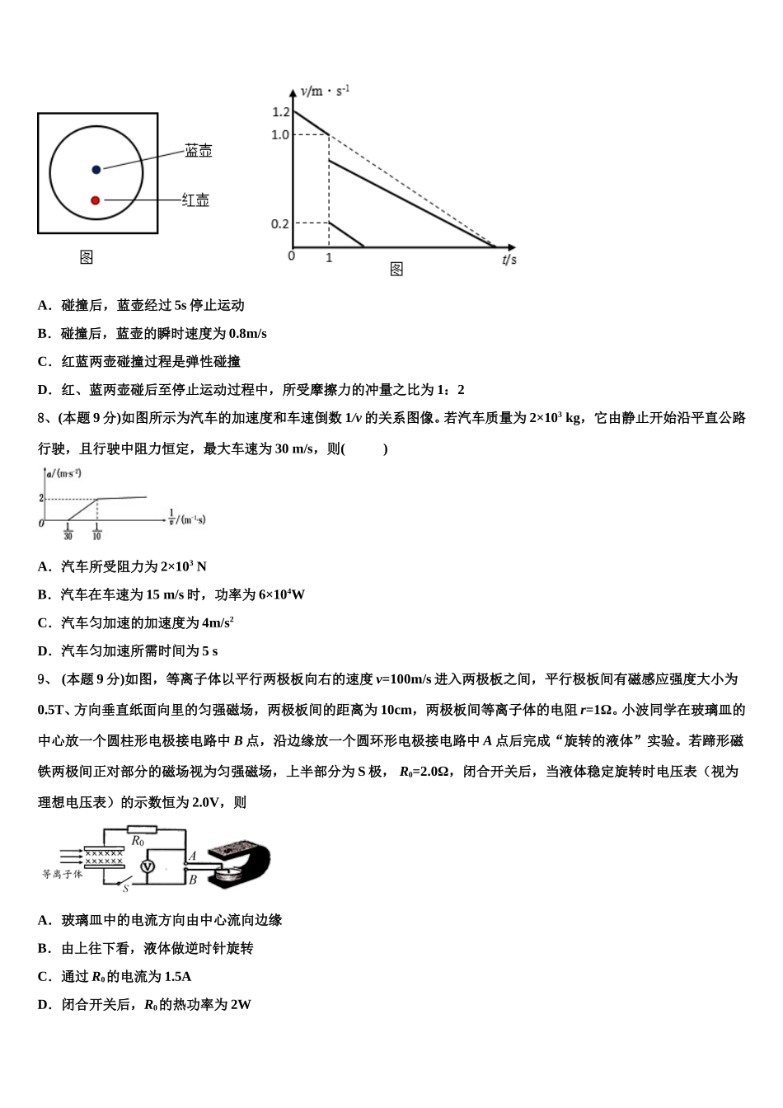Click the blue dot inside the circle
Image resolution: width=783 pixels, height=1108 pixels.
[96, 169]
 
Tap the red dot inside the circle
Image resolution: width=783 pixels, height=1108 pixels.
[96, 200]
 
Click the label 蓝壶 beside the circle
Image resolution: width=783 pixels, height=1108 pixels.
[198, 151]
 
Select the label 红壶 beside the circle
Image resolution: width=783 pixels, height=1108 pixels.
[195, 200]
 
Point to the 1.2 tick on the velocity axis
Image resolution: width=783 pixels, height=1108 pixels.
[280, 112]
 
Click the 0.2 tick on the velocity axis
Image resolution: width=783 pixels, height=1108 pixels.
[280, 223]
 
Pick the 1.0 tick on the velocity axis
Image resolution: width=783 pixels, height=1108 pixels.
[280, 134]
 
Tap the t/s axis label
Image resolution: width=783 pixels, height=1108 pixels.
[509, 260]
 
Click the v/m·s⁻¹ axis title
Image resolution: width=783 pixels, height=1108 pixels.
[325, 91]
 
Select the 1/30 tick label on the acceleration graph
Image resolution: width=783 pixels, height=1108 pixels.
[68, 532]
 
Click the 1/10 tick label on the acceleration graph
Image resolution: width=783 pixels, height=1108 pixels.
[96, 532]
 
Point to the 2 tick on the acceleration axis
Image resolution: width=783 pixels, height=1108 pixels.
[40, 498]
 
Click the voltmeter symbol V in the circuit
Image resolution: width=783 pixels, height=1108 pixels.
[148, 866]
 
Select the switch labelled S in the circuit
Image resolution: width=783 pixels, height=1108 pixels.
[129, 883]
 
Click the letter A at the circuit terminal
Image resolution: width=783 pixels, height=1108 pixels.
[192, 856]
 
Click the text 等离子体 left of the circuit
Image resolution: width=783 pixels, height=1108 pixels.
[63, 873]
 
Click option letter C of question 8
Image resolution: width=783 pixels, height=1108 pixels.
[43, 622]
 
